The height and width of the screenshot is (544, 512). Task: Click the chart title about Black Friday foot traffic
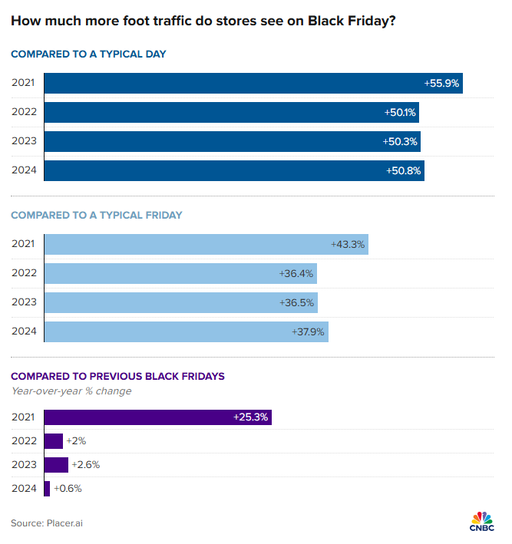coord(203,21)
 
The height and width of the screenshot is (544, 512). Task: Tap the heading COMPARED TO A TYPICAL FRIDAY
coord(97,215)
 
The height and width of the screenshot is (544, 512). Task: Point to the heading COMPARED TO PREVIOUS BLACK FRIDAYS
coord(117,376)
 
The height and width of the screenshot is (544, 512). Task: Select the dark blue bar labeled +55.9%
coord(253,83)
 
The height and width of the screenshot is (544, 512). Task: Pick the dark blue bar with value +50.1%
coord(231,112)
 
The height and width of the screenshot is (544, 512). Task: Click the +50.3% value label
coord(401,141)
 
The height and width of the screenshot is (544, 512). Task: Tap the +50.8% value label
coord(405,170)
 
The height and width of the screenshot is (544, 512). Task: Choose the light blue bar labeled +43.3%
coord(206,244)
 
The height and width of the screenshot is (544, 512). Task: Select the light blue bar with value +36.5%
coord(180,302)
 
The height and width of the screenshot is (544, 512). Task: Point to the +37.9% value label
coord(309,331)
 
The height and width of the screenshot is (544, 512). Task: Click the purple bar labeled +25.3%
coord(157,417)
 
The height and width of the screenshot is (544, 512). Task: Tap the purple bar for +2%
coord(53,441)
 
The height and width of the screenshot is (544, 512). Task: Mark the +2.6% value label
coord(85,464)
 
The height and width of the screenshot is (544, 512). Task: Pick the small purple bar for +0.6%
coord(47,488)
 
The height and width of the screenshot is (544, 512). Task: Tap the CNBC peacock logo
coord(481,519)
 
